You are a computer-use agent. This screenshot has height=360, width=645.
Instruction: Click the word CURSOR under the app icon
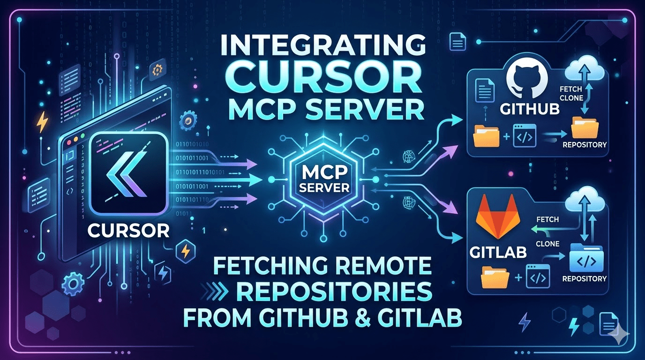point(128,230)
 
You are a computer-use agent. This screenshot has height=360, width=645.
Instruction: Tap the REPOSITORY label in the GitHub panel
point(584,144)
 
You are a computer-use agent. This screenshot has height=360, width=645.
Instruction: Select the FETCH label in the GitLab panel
point(547,219)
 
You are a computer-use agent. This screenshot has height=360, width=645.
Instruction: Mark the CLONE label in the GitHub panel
point(571,98)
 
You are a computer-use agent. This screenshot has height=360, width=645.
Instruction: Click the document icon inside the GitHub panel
point(483,90)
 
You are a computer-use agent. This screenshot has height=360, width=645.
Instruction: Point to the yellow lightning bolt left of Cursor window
point(42,123)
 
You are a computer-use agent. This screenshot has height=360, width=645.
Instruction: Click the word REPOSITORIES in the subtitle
point(332,294)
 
